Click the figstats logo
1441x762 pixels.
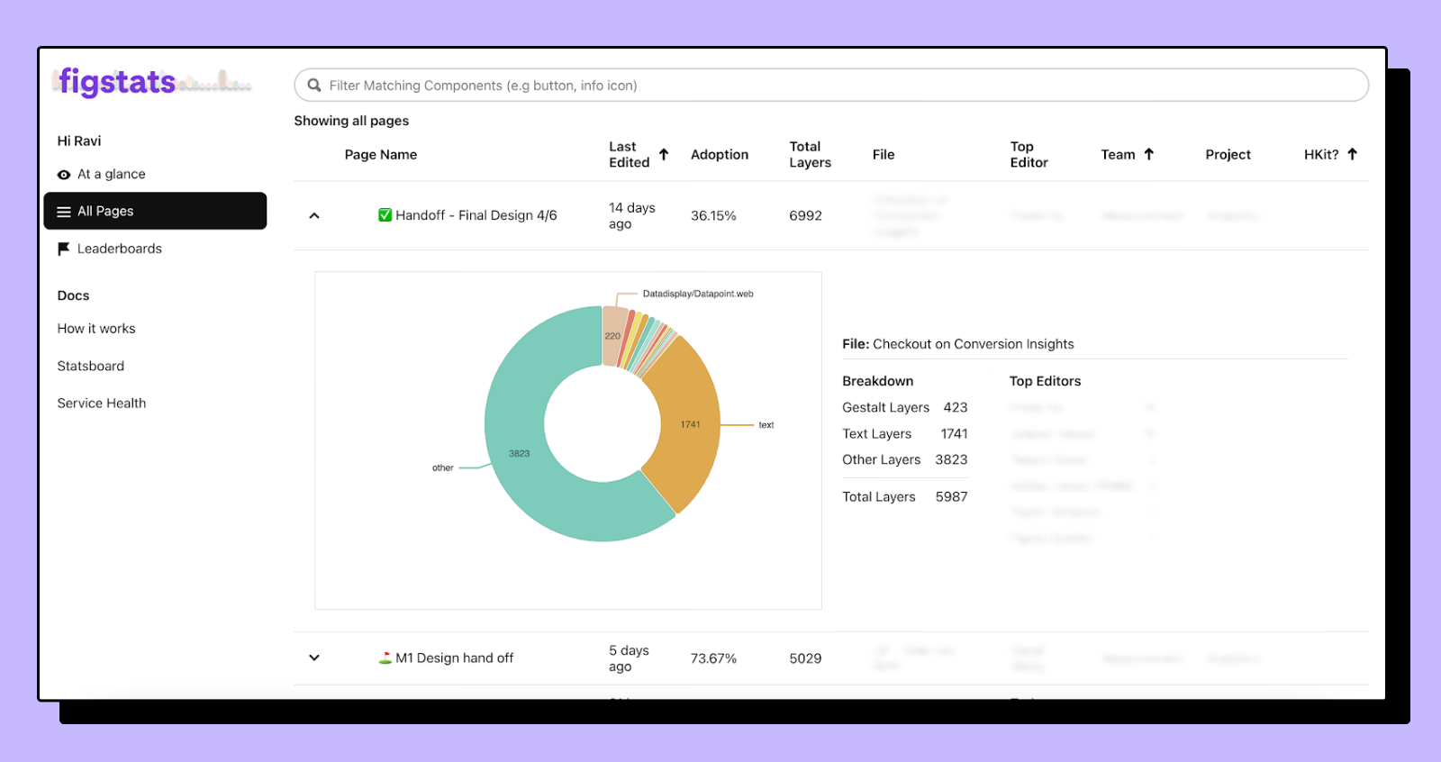(117, 82)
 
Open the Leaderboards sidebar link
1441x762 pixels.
(119, 249)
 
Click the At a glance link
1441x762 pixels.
(111, 174)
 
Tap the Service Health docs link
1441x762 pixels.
(102, 403)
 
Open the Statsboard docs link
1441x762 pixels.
(91, 366)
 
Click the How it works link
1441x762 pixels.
(96, 329)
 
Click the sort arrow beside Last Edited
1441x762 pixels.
(664, 154)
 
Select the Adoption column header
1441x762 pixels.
(719, 155)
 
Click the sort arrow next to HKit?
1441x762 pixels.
(1352, 154)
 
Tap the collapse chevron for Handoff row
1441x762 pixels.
(314, 215)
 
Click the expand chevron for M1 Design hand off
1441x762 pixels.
(314, 658)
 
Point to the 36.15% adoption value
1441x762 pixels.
(712, 216)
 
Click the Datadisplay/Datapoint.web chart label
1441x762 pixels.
(697, 294)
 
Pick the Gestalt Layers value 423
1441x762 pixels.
(955, 407)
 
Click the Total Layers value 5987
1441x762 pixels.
(951, 496)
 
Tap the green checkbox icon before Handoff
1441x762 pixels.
(385, 214)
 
